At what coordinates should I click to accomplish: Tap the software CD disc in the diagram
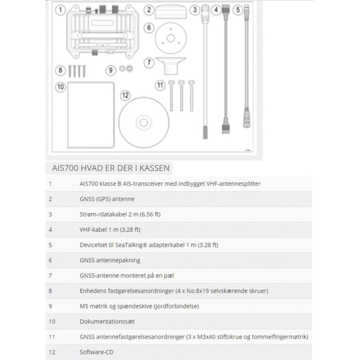144,123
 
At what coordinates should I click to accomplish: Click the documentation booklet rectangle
90,116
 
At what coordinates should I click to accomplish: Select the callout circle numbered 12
125,94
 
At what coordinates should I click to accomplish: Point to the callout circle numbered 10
60,87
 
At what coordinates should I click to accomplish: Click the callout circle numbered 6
149,28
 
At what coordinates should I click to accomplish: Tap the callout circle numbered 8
60,70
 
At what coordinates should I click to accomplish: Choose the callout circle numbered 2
149,9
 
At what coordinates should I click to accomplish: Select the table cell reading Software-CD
97,352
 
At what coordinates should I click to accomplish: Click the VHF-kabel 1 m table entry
110,230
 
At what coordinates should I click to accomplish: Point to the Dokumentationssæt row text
105,321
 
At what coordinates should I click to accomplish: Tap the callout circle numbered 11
159,86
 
